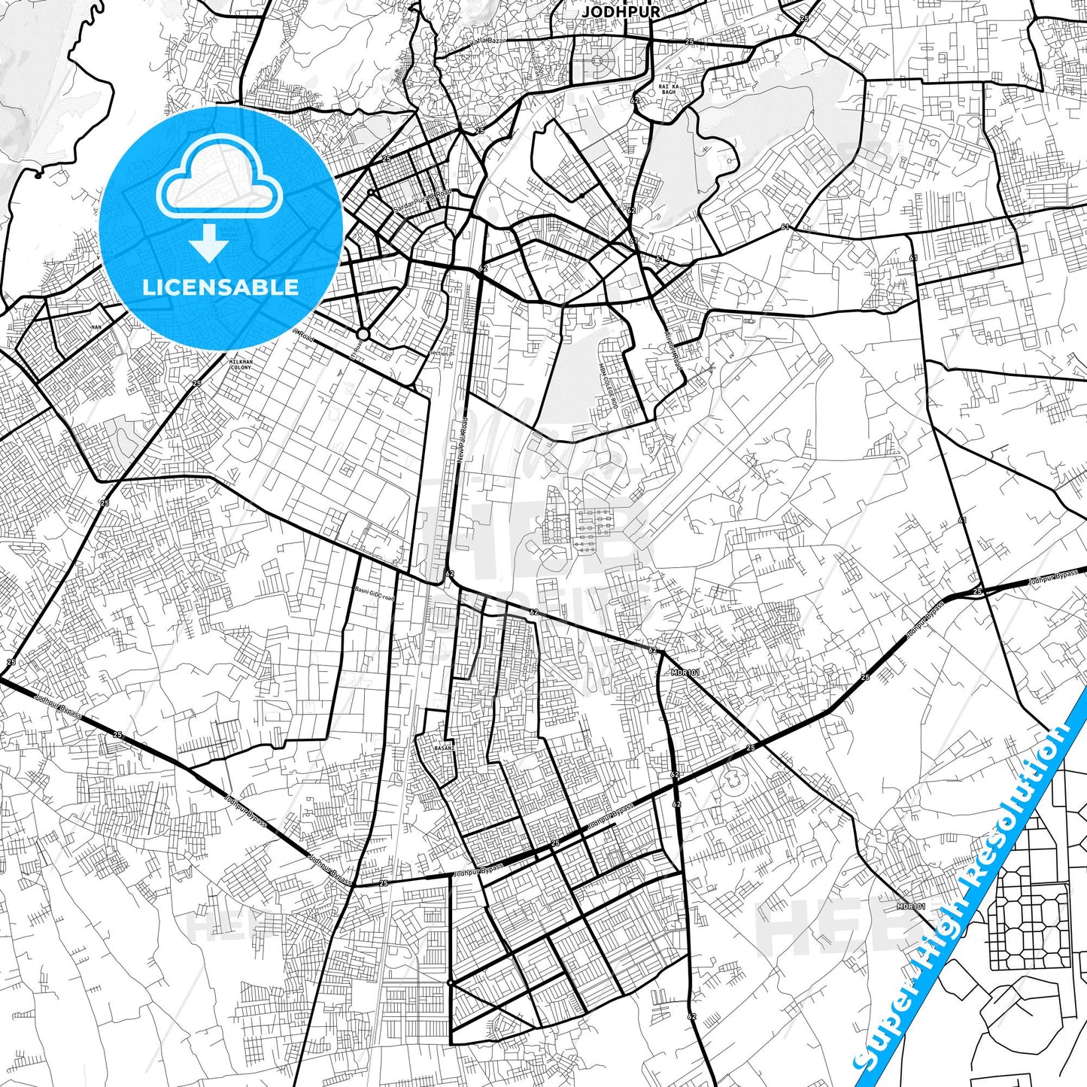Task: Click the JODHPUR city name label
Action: pyautogui.click(x=621, y=12)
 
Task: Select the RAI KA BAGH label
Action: pyautogui.click(x=668, y=90)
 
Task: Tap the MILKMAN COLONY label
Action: pyautogui.click(x=241, y=364)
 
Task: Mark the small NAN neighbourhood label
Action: pyautogui.click(x=96, y=327)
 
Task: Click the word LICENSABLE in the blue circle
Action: pyautogui.click(x=220, y=287)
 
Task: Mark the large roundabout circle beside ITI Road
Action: pyautogui.click(x=363, y=334)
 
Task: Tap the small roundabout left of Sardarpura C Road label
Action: pyautogui.click(x=370, y=193)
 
